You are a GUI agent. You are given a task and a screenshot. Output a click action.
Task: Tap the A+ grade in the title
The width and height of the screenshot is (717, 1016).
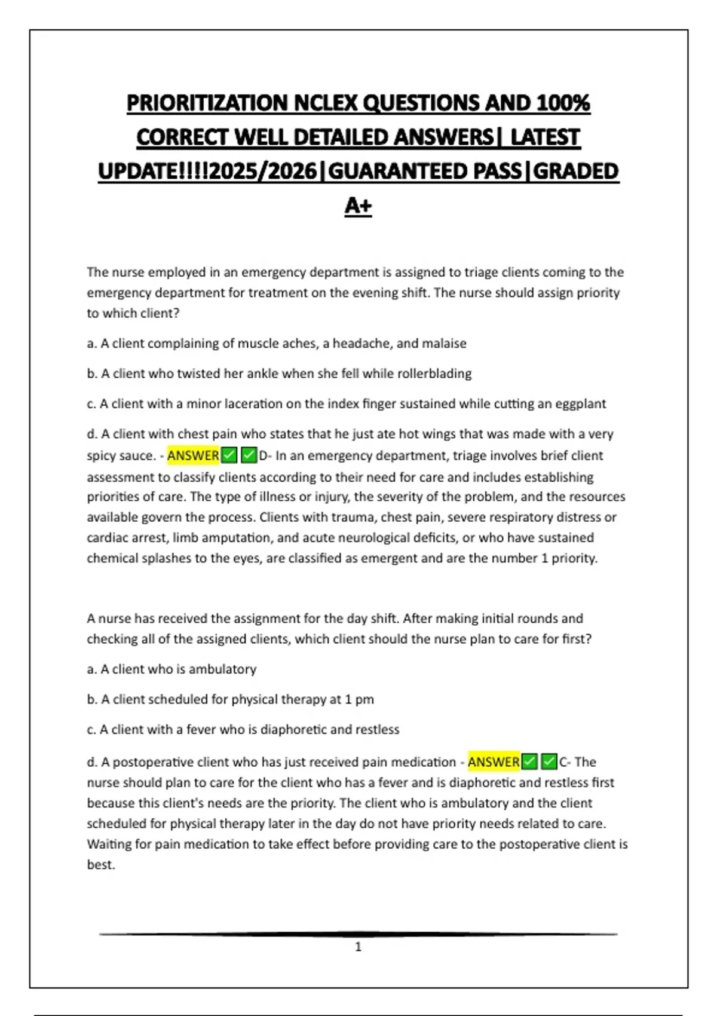point(358,206)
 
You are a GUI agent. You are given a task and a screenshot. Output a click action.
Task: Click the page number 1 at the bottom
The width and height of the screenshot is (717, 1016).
point(358,947)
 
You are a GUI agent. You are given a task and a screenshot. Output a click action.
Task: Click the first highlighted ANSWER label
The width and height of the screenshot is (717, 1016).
point(193,456)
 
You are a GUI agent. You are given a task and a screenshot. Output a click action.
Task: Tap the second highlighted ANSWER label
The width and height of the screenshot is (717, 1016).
point(494,762)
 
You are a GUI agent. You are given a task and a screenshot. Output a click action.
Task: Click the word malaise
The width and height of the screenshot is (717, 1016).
point(444,344)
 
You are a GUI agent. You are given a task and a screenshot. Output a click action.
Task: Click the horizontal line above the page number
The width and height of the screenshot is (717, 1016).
point(358,934)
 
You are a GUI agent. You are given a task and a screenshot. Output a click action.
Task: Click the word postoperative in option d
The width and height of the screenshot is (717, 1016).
point(158,762)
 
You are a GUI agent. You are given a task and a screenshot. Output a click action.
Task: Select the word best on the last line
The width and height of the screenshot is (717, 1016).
point(100,865)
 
